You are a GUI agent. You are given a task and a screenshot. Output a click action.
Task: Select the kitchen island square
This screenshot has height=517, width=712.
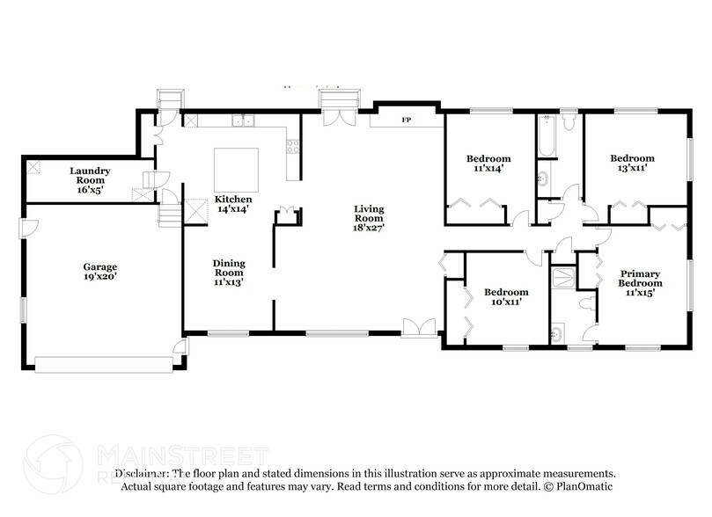click(x=237, y=169)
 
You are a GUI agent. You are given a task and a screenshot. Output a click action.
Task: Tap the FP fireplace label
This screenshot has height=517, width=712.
click(x=406, y=119)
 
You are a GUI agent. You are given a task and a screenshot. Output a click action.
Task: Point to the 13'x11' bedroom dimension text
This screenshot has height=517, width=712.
click(x=633, y=168)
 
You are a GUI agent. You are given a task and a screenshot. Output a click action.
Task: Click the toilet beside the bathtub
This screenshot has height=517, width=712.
click(x=568, y=124)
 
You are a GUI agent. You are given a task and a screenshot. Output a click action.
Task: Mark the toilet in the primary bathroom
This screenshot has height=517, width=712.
click(x=587, y=303)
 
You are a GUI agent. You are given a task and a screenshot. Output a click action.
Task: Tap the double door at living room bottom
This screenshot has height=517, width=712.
click(x=419, y=328)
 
